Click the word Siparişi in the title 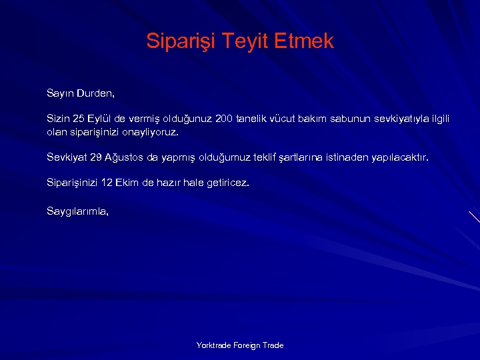[x=173, y=42]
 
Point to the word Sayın [x=60, y=92]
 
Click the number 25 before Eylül [x=80, y=119]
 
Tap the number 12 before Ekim [x=105, y=183]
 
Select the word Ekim [x=127, y=183]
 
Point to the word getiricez [x=227, y=183]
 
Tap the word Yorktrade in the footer [x=213, y=345]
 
